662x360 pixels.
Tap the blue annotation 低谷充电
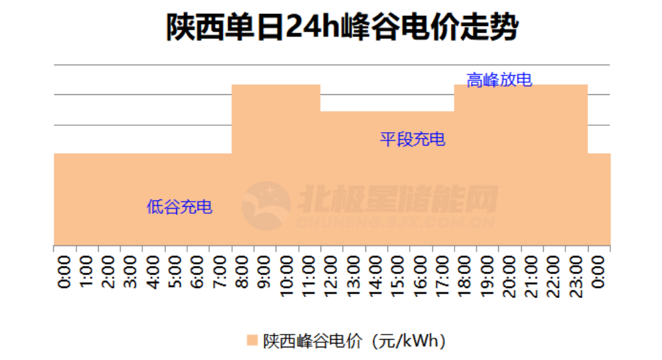pyautogui.click(x=180, y=207)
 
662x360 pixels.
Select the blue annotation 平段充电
pyautogui.click(x=412, y=139)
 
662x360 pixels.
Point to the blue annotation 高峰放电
pyautogui.click(x=499, y=80)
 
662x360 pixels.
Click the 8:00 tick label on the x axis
pyautogui.click(x=242, y=271)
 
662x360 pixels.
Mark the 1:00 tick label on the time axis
pyautogui.click(x=87, y=271)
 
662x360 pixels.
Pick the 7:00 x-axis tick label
pyautogui.click(x=220, y=271)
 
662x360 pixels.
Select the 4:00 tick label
pyautogui.click(x=154, y=271)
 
